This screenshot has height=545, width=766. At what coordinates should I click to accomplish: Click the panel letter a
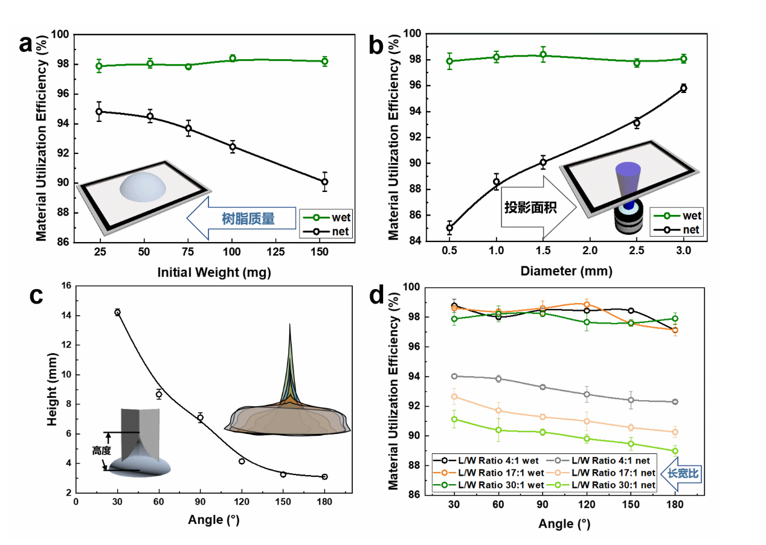coord(25,44)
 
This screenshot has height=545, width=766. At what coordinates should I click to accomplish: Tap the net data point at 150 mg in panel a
coord(324,182)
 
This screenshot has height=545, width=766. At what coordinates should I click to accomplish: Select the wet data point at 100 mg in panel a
coord(233,59)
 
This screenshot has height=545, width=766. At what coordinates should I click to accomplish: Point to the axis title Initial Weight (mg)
coord(214,272)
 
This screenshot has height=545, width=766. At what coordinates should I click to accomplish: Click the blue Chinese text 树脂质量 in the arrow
coord(248,219)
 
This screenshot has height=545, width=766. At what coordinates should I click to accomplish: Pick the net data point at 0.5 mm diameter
coord(449,228)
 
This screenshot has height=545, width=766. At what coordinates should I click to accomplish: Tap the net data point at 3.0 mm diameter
coord(683,88)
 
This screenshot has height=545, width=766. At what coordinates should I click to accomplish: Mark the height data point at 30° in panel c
coord(117,312)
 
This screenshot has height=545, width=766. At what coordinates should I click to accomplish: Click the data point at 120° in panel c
coord(242,461)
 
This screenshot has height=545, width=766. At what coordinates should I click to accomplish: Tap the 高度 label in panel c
coord(102,450)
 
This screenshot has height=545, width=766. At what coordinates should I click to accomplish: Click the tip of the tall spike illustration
coord(290,325)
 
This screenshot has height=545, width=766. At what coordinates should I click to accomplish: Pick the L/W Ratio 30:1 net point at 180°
coord(675,451)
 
